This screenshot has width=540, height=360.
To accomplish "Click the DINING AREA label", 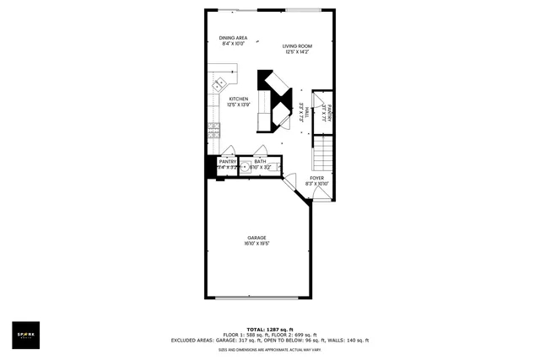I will click(233, 38).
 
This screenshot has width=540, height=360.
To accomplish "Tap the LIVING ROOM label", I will click(297, 47).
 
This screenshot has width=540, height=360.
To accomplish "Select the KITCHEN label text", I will click(238, 99).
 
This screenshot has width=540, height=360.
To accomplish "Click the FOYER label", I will click(316, 178).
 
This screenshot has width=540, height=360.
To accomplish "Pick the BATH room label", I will click(260, 161).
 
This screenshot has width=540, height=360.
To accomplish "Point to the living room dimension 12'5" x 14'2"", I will click(297, 53).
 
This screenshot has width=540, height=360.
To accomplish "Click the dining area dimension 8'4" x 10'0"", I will click(233, 44).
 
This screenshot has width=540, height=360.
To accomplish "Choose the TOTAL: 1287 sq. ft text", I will click(270, 329).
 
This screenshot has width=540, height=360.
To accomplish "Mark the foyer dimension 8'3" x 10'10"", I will click(316, 184).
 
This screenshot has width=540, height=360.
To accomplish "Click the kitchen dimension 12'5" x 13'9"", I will click(238, 105).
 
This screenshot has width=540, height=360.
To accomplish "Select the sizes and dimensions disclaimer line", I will click(270, 349).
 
